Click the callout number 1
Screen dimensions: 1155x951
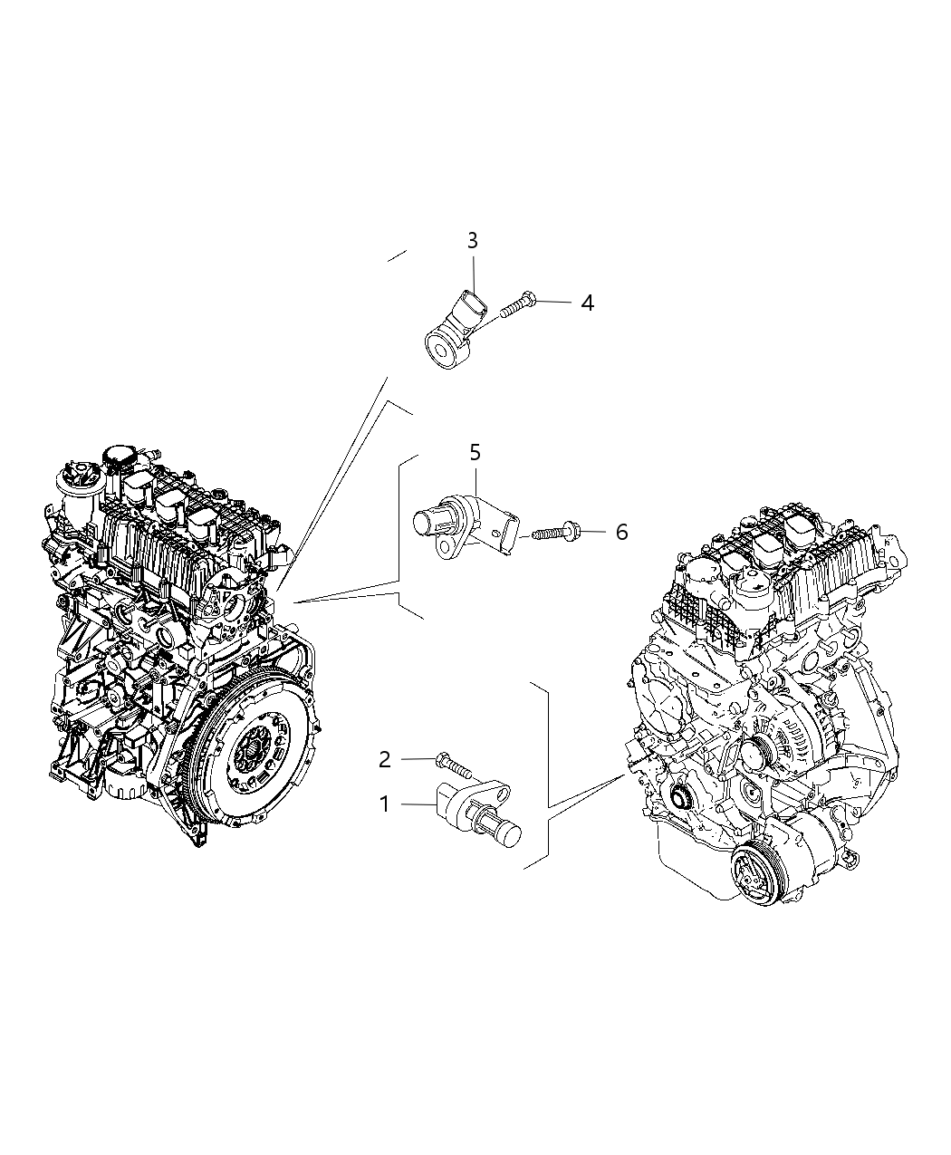pyautogui.click(x=384, y=804)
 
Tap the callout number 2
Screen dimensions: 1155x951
pyautogui.click(x=384, y=759)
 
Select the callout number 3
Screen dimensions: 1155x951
pyautogui.click(x=473, y=241)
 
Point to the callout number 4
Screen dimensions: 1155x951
pyautogui.click(x=587, y=303)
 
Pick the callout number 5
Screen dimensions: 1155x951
pyautogui.click(x=475, y=452)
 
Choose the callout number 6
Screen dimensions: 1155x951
pyautogui.click(x=621, y=532)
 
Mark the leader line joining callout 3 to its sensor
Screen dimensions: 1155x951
pyautogui.click(x=473, y=271)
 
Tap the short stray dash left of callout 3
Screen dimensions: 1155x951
pyautogui.click(x=397, y=256)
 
